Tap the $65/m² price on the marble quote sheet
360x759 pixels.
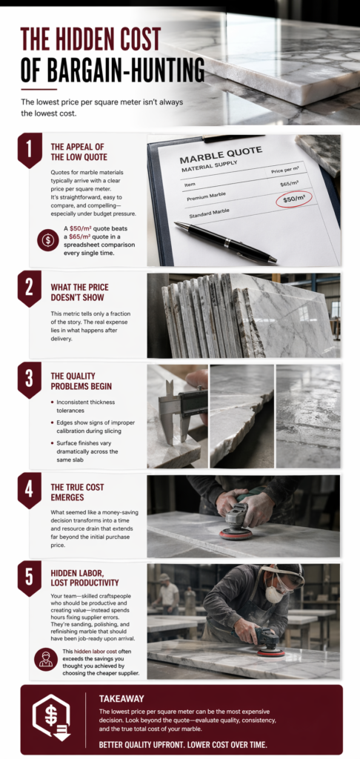click(x=290, y=185)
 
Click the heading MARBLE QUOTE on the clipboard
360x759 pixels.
click(x=221, y=155)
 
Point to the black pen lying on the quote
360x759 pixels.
click(x=225, y=242)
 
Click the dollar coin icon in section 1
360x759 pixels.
click(x=47, y=240)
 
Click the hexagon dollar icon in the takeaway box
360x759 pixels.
click(x=51, y=717)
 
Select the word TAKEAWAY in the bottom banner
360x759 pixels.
click(x=121, y=698)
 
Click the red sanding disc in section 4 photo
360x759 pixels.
click(x=236, y=534)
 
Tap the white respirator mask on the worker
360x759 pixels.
click(x=274, y=594)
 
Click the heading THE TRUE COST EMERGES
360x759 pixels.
click(x=78, y=492)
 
